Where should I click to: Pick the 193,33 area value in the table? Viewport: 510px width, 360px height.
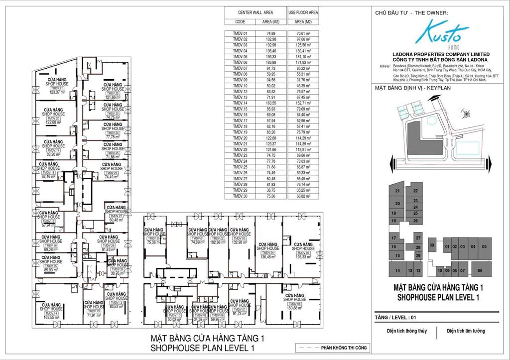pyautogui.click(x=270, y=56)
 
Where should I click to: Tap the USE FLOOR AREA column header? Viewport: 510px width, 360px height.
pyautogui.click(x=303, y=12)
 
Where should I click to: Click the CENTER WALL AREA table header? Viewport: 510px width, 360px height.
pyautogui.click(x=255, y=12)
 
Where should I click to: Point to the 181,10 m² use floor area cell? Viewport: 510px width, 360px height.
pyautogui.click(x=303, y=56)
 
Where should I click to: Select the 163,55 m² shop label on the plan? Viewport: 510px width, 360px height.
pyautogui.click(x=51, y=316)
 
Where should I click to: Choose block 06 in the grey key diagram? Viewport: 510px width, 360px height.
pyautogui.click(x=480, y=270)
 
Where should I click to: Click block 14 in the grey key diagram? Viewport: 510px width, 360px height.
pyautogui.click(x=397, y=270)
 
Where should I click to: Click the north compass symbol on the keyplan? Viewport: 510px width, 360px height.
pyautogui.click(x=463, y=111)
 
